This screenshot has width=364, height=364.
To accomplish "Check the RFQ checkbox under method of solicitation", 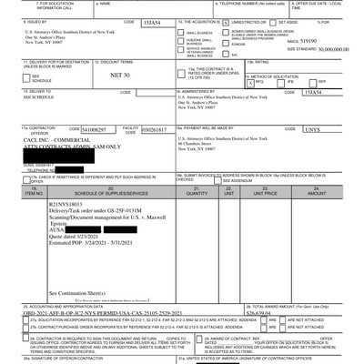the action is (x=256, y=106).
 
